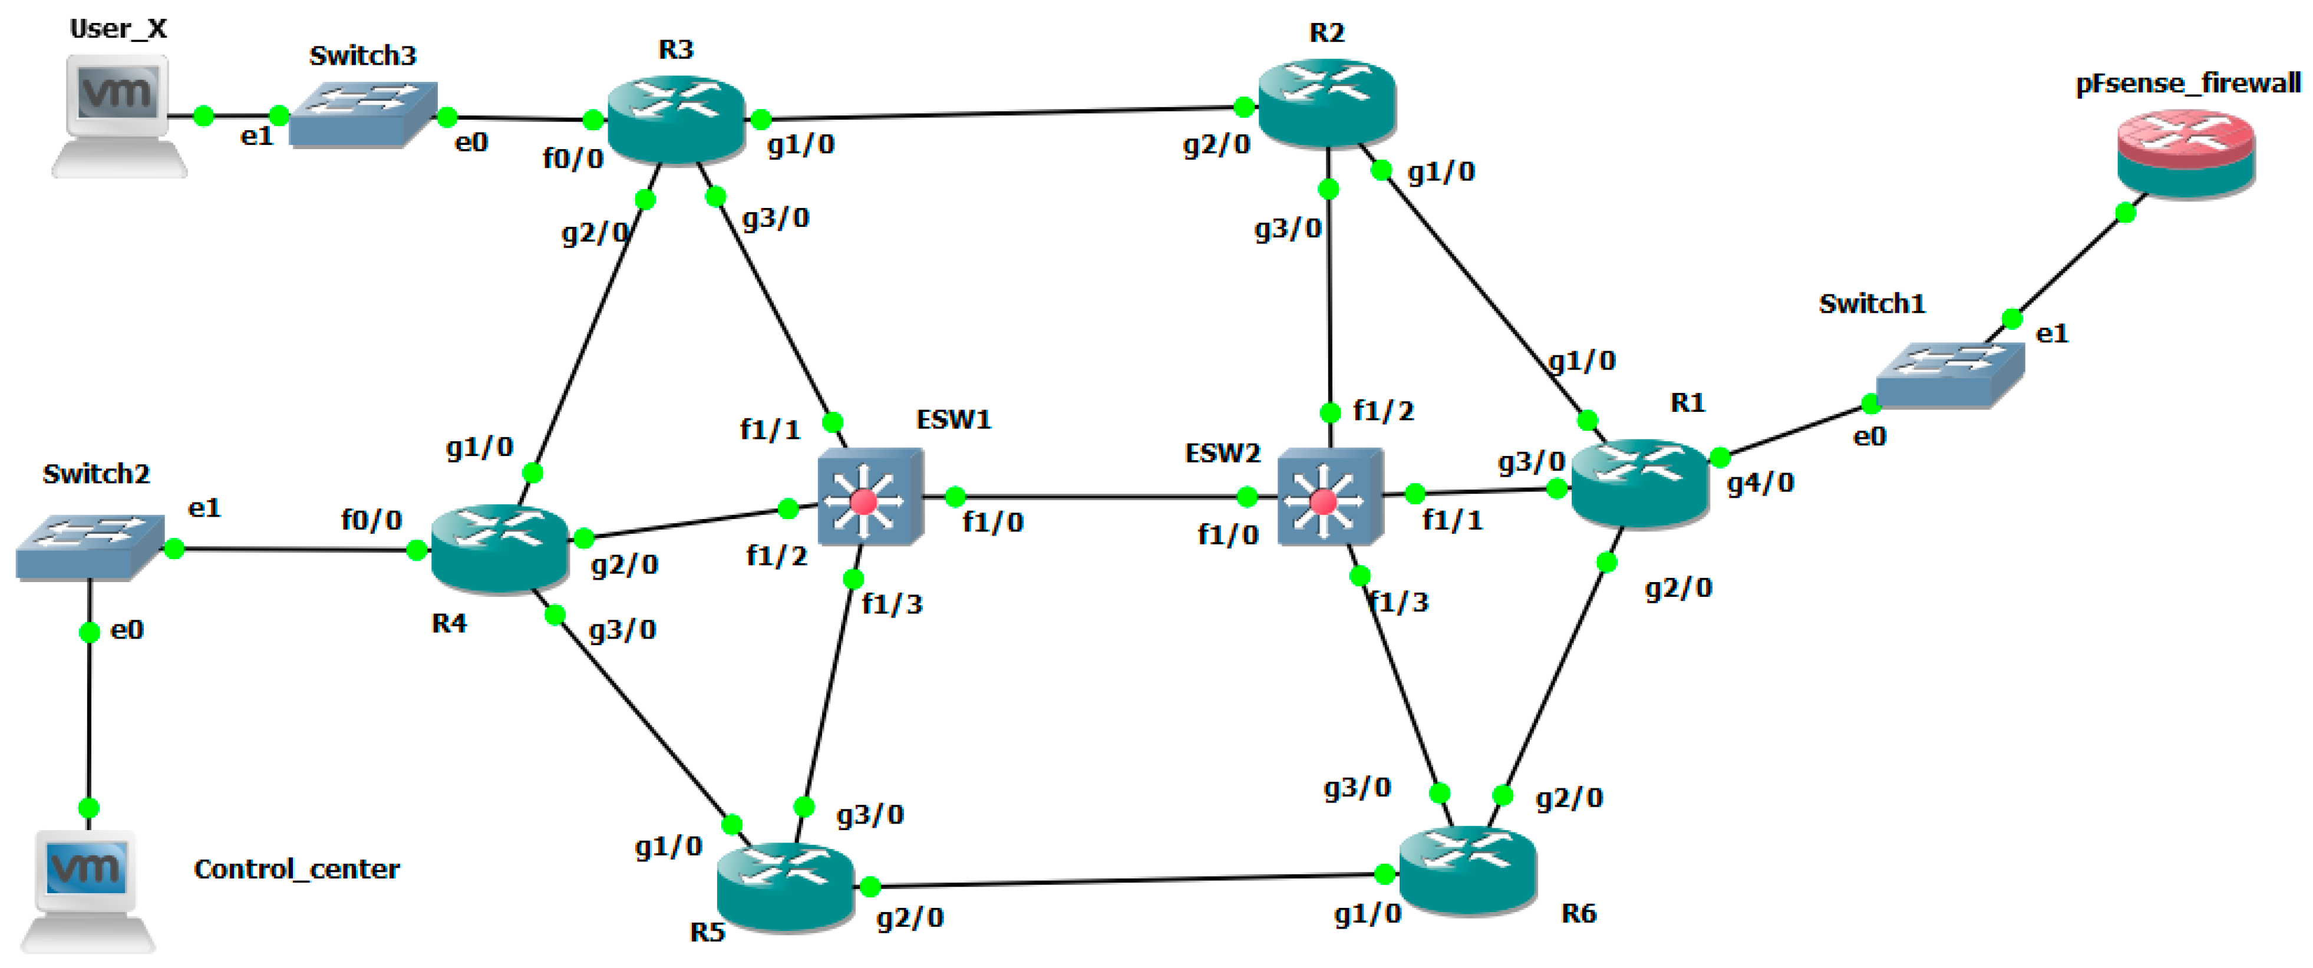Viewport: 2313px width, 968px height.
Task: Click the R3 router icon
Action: point(676,120)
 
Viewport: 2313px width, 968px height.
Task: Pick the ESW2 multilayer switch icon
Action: point(1328,497)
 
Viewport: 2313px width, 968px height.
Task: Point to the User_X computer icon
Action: point(118,115)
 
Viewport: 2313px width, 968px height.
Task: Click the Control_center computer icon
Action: point(87,889)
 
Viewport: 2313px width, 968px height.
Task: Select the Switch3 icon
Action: point(363,115)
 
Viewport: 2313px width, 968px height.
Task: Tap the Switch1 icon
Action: point(1949,375)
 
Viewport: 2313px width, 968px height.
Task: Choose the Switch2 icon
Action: point(89,546)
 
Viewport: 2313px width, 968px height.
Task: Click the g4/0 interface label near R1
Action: point(1760,483)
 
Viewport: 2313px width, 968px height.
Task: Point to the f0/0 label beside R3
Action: point(573,159)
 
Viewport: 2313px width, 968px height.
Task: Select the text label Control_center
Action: point(296,869)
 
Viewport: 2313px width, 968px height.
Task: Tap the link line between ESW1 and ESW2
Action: point(1100,497)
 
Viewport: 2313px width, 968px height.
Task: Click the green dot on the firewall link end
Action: point(2126,213)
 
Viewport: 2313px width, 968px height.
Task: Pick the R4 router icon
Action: point(499,548)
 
